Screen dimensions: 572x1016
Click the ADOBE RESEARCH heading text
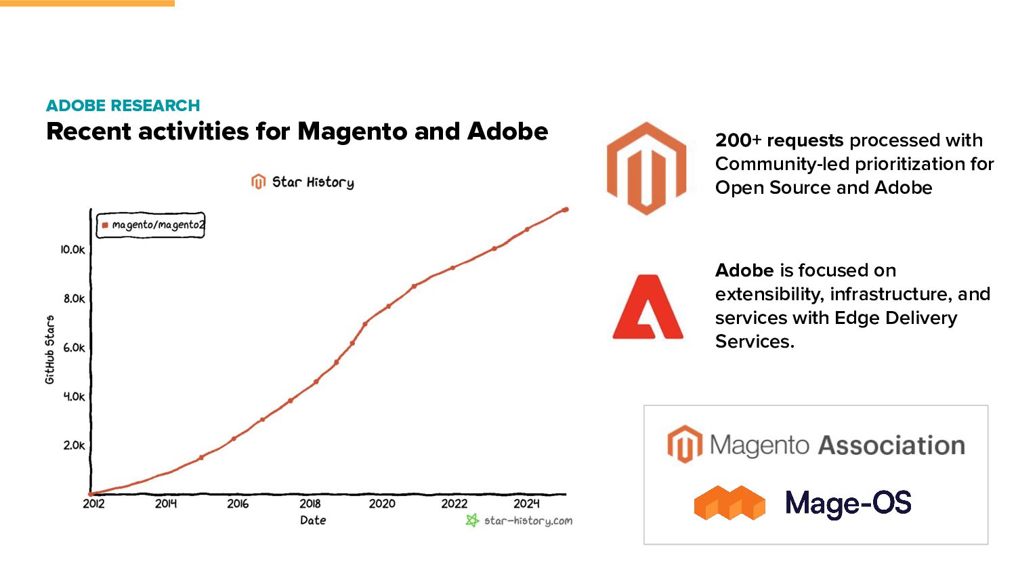pos(123,106)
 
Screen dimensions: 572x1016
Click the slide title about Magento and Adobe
pos(297,131)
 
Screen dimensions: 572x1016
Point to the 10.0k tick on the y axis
pos(72,249)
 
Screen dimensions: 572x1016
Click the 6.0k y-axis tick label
pos(74,348)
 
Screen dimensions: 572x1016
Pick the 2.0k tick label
pos(74,445)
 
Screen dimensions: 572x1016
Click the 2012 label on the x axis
pos(93,504)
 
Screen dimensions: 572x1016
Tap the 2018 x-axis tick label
pos(310,504)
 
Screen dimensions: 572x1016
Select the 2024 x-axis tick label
pos(526,504)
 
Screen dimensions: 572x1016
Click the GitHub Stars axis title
pos(49,350)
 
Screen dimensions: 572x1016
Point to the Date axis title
pos(313,520)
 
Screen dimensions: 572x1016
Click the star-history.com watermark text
pos(528,520)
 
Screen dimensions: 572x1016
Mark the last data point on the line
pos(566,209)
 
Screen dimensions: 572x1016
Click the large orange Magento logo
pos(646,169)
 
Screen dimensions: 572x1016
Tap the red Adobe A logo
pos(648,307)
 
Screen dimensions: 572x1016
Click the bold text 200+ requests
pos(779,140)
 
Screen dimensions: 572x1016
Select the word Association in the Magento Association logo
pos(891,445)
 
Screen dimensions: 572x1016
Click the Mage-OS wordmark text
pos(848,503)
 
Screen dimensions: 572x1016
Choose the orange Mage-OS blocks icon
pos(729,503)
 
